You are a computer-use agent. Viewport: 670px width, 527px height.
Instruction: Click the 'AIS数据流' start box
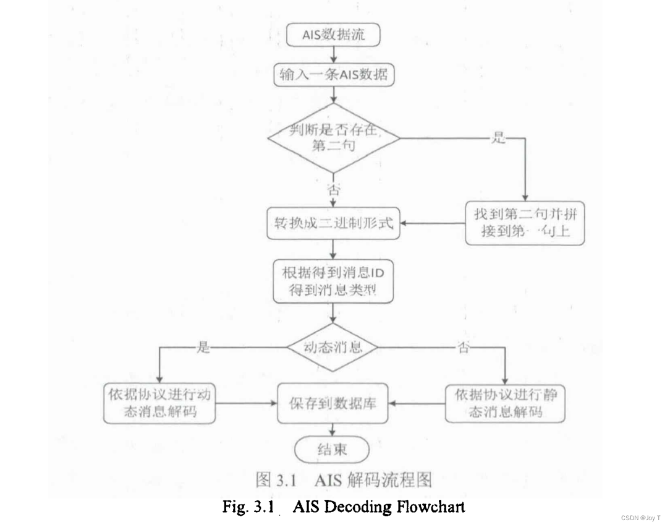pos(333,35)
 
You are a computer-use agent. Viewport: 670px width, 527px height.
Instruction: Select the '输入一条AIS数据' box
pos(333,75)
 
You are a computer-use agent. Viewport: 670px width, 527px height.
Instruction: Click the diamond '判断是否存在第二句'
pos(334,137)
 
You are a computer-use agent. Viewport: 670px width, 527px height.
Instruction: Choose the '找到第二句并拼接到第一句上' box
pos(525,225)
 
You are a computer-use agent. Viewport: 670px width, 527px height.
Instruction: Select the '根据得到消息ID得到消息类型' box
pos(333,281)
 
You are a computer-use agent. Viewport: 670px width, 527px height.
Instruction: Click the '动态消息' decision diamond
pos(333,347)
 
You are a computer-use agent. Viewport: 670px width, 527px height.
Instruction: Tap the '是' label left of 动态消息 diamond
pos(203,348)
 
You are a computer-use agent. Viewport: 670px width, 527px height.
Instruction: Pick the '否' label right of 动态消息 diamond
pos(463,348)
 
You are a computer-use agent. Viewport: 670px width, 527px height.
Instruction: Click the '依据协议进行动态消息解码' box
pos(159,404)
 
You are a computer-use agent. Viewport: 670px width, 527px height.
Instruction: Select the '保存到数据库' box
pos(333,404)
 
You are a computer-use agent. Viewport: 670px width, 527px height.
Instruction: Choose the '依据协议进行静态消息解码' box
pos(505,403)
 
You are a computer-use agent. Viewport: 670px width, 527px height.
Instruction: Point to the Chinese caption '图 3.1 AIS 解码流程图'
pos(344,479)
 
